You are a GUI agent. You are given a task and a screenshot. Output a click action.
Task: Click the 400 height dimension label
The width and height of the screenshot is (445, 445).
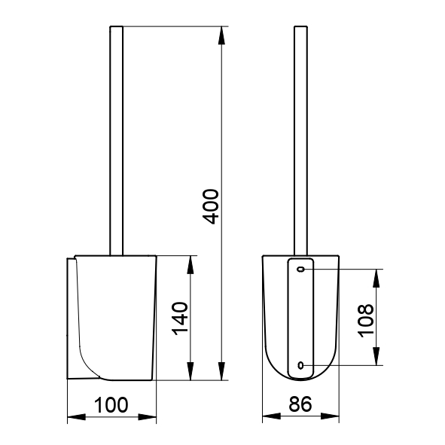211,206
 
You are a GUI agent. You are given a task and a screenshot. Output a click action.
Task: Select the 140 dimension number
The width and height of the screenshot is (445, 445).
180,319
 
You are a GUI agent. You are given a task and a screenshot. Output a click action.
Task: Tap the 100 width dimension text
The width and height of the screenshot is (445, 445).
111,405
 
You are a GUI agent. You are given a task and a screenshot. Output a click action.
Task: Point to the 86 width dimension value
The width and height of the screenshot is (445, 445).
300,404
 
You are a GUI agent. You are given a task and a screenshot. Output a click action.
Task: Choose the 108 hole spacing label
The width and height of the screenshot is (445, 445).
366,321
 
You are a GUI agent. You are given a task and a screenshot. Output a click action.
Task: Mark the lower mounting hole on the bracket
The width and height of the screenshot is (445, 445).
301,365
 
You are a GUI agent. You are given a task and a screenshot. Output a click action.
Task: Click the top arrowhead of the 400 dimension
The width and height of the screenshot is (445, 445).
221,35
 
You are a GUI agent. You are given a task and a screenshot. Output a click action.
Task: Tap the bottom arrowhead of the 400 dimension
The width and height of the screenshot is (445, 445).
221,371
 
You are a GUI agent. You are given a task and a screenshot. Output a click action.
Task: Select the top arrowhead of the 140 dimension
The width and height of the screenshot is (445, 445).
190,265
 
